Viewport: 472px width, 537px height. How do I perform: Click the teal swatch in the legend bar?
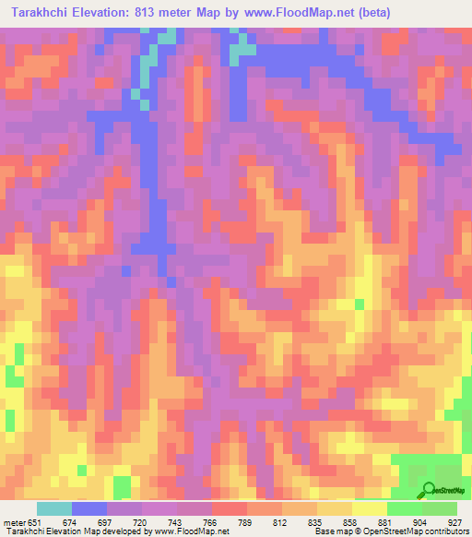pos(53,508)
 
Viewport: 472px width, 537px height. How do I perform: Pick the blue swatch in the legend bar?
pos(88,508)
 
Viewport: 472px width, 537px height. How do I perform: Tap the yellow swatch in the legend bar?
pos(370,508)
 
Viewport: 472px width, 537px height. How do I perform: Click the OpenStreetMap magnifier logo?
pos(430,489)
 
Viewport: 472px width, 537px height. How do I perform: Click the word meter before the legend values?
pos(16,523)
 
